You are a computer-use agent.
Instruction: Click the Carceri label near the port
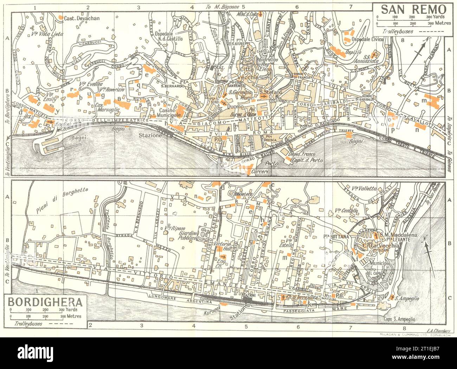click(260, 171)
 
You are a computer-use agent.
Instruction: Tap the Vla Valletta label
click(361, 188)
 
